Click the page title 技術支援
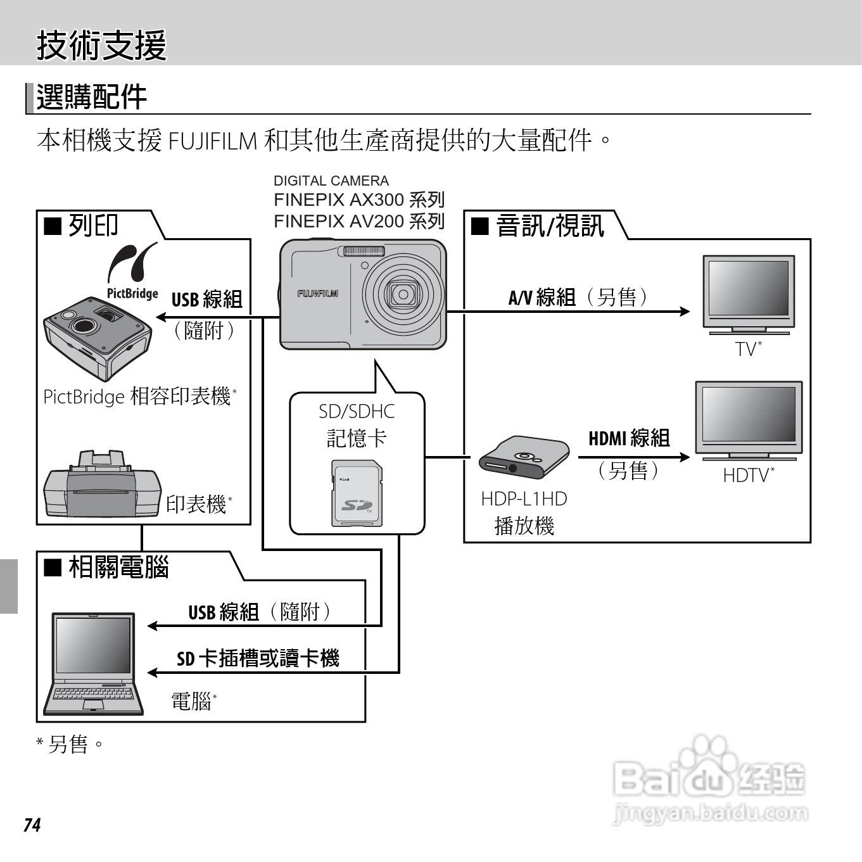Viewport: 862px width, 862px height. click(101, 46)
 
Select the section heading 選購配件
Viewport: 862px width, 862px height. click(92, 98)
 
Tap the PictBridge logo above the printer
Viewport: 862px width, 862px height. click(132, 271)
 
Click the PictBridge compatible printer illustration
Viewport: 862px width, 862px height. click(97, 338)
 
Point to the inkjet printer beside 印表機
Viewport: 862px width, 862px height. click(101, 486)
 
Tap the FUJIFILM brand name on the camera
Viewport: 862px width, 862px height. click(317, 294)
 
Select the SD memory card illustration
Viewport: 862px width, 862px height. click(357, 493)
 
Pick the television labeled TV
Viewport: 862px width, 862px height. click(749, 294)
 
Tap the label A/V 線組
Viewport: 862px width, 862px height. click(542, 297)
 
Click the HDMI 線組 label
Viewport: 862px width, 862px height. click(629, 438)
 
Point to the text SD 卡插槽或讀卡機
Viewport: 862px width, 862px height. click(258, 659)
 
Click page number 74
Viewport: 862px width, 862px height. click(32, 825)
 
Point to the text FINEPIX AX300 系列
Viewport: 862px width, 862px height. click(359, 200)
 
